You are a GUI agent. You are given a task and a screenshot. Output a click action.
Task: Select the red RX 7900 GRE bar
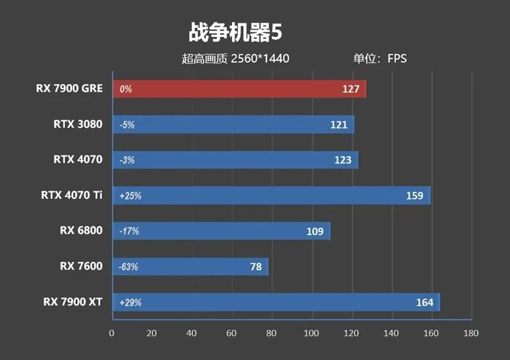(239, 89)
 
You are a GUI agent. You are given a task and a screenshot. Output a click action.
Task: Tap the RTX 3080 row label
(78, 124)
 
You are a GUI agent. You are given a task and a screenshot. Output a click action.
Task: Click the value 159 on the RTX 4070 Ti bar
(414, 196)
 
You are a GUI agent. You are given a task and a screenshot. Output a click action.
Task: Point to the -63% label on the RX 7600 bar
(129, 267)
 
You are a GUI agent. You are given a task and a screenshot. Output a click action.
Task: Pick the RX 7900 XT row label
(71, 302)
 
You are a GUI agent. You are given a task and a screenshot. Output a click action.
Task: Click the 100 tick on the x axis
(311, 333)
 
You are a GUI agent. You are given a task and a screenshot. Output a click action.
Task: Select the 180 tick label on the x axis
(470, 333)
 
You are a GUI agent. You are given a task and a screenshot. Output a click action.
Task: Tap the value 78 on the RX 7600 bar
(256, 267)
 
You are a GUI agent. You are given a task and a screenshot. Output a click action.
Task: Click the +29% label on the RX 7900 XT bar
(130, 303)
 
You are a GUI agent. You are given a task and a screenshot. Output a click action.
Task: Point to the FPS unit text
(397, 59)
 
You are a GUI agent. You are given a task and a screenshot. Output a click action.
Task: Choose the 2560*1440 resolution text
(260, 59)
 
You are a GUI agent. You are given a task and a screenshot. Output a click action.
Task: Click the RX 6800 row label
(81, 231)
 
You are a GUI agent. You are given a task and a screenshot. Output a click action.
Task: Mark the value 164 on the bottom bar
(424, 303)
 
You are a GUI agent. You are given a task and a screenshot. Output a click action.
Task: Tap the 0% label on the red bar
(126, 89)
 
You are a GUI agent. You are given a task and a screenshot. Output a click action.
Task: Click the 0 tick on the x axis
(112, 333)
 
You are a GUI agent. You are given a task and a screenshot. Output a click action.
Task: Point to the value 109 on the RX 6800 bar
(315, 231)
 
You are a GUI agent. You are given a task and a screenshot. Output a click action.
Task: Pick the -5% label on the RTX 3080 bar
(127, 125)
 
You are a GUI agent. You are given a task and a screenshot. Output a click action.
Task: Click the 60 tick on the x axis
(231, 333)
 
